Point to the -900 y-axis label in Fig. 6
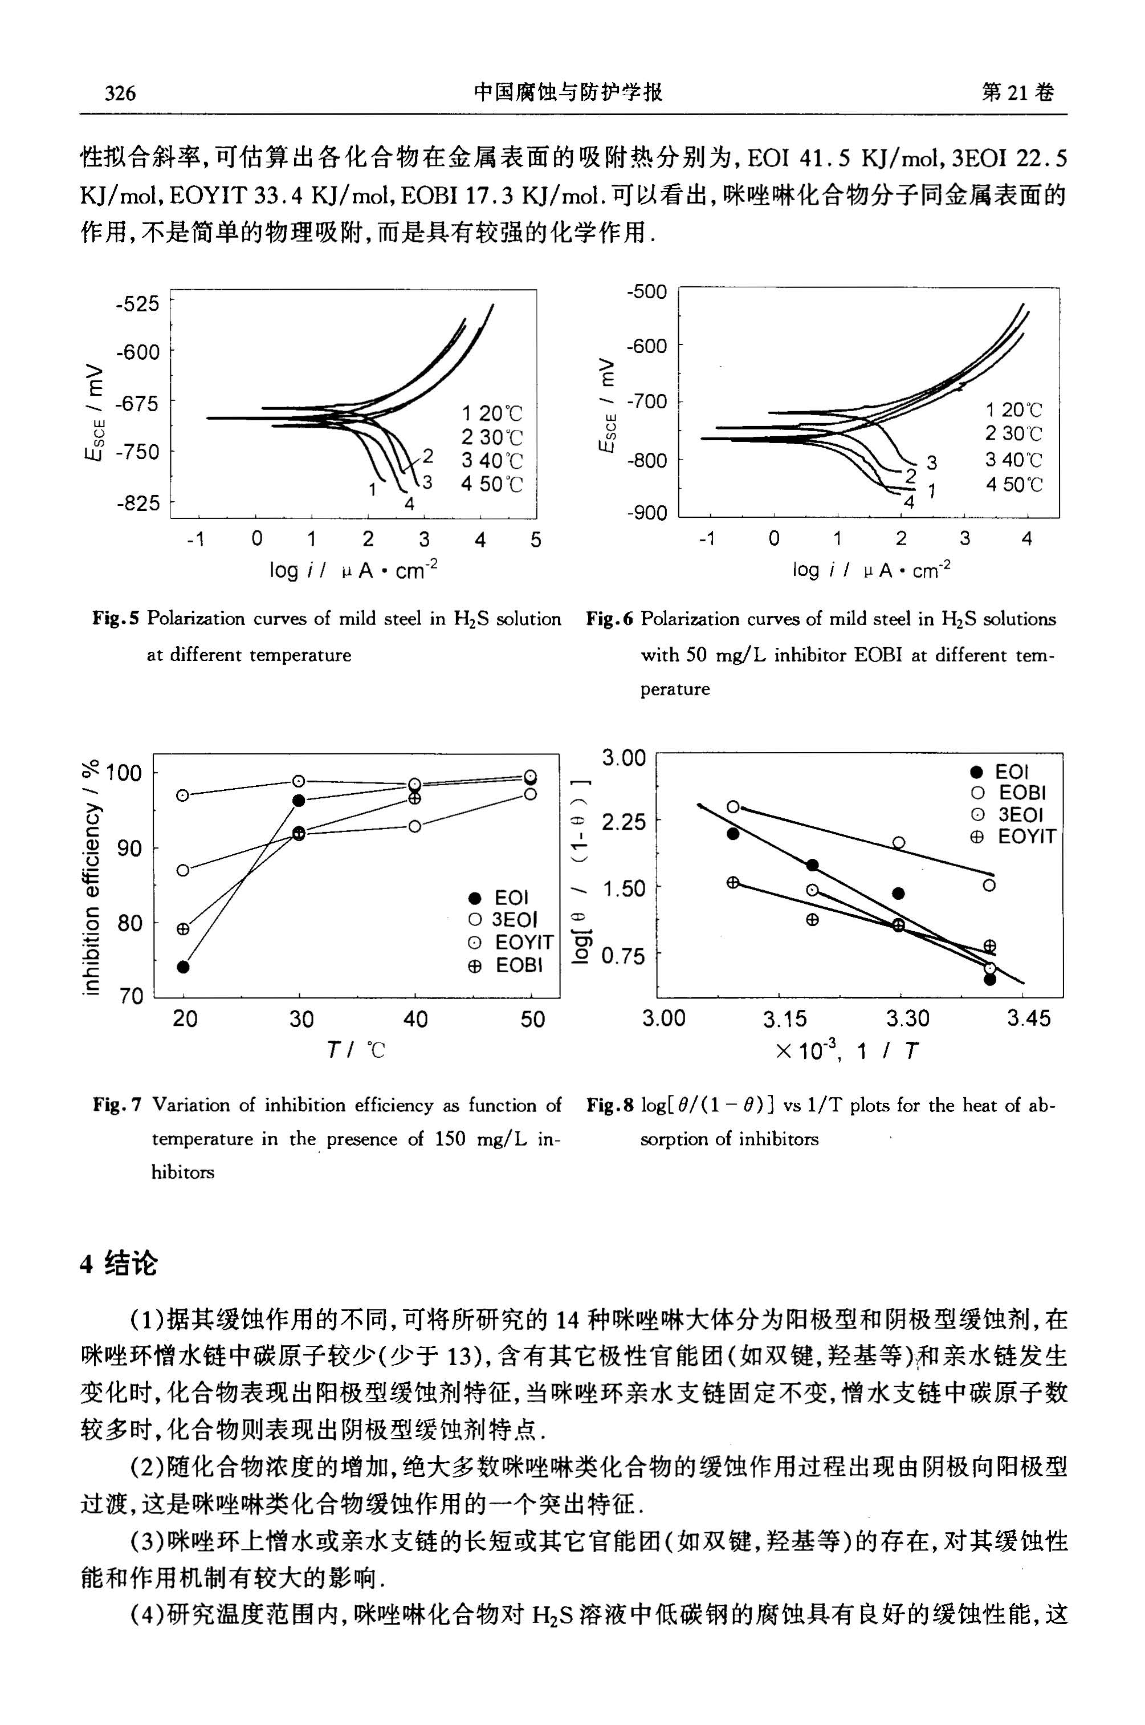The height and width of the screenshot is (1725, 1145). (x=647, y=514)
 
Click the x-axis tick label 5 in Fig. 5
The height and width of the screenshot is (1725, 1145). (x=536, y=540)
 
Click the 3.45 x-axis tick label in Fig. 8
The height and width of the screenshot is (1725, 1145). (x=1029, y=1018)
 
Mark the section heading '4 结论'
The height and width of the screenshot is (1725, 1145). (x=119, y=1263)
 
